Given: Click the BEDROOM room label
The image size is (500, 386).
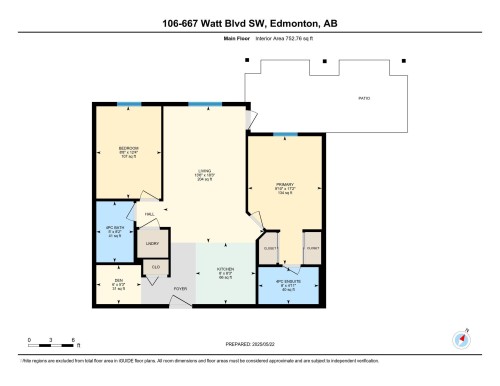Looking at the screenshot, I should pos(127,148).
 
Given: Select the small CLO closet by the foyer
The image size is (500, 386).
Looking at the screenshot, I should pos(156,267).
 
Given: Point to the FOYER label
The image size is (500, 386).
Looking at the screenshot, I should pos(180,290).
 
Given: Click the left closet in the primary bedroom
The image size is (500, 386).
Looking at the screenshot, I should pos(270,248).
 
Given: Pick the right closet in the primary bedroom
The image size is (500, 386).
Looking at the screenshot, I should pos(312,248).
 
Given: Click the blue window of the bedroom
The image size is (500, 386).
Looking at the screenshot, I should pos(127,104).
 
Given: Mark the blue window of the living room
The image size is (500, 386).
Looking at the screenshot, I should pos(204,104).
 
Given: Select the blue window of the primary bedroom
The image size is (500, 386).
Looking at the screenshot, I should pos(285,133).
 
